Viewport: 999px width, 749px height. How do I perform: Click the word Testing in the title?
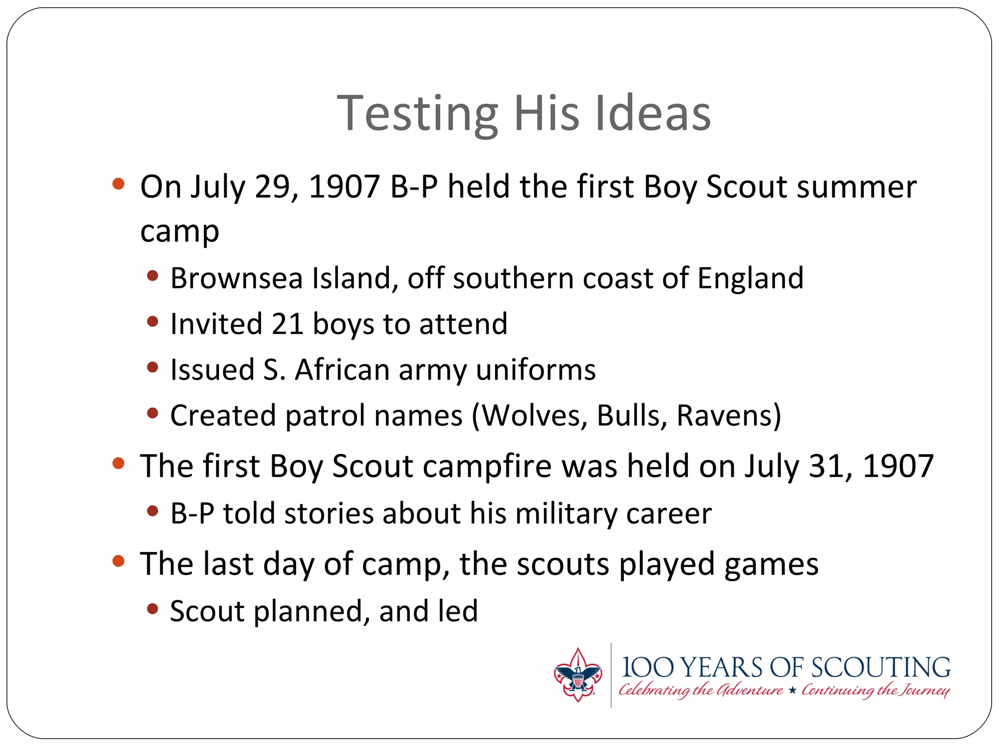click(418, 114)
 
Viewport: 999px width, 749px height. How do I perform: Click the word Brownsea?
click(237, 278)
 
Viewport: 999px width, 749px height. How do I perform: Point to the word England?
click(750, 278)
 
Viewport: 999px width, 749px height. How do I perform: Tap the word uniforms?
click(536, 370)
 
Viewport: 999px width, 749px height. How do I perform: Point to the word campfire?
click(487, 466)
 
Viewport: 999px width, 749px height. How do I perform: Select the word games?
click(771, 565)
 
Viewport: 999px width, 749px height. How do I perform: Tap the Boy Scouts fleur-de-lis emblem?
click(578, 675)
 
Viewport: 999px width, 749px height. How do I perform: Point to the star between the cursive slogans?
click(792, 690)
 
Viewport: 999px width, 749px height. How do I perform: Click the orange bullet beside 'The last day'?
click(119, 561)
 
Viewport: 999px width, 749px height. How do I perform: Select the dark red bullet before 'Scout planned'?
click(153, 609)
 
